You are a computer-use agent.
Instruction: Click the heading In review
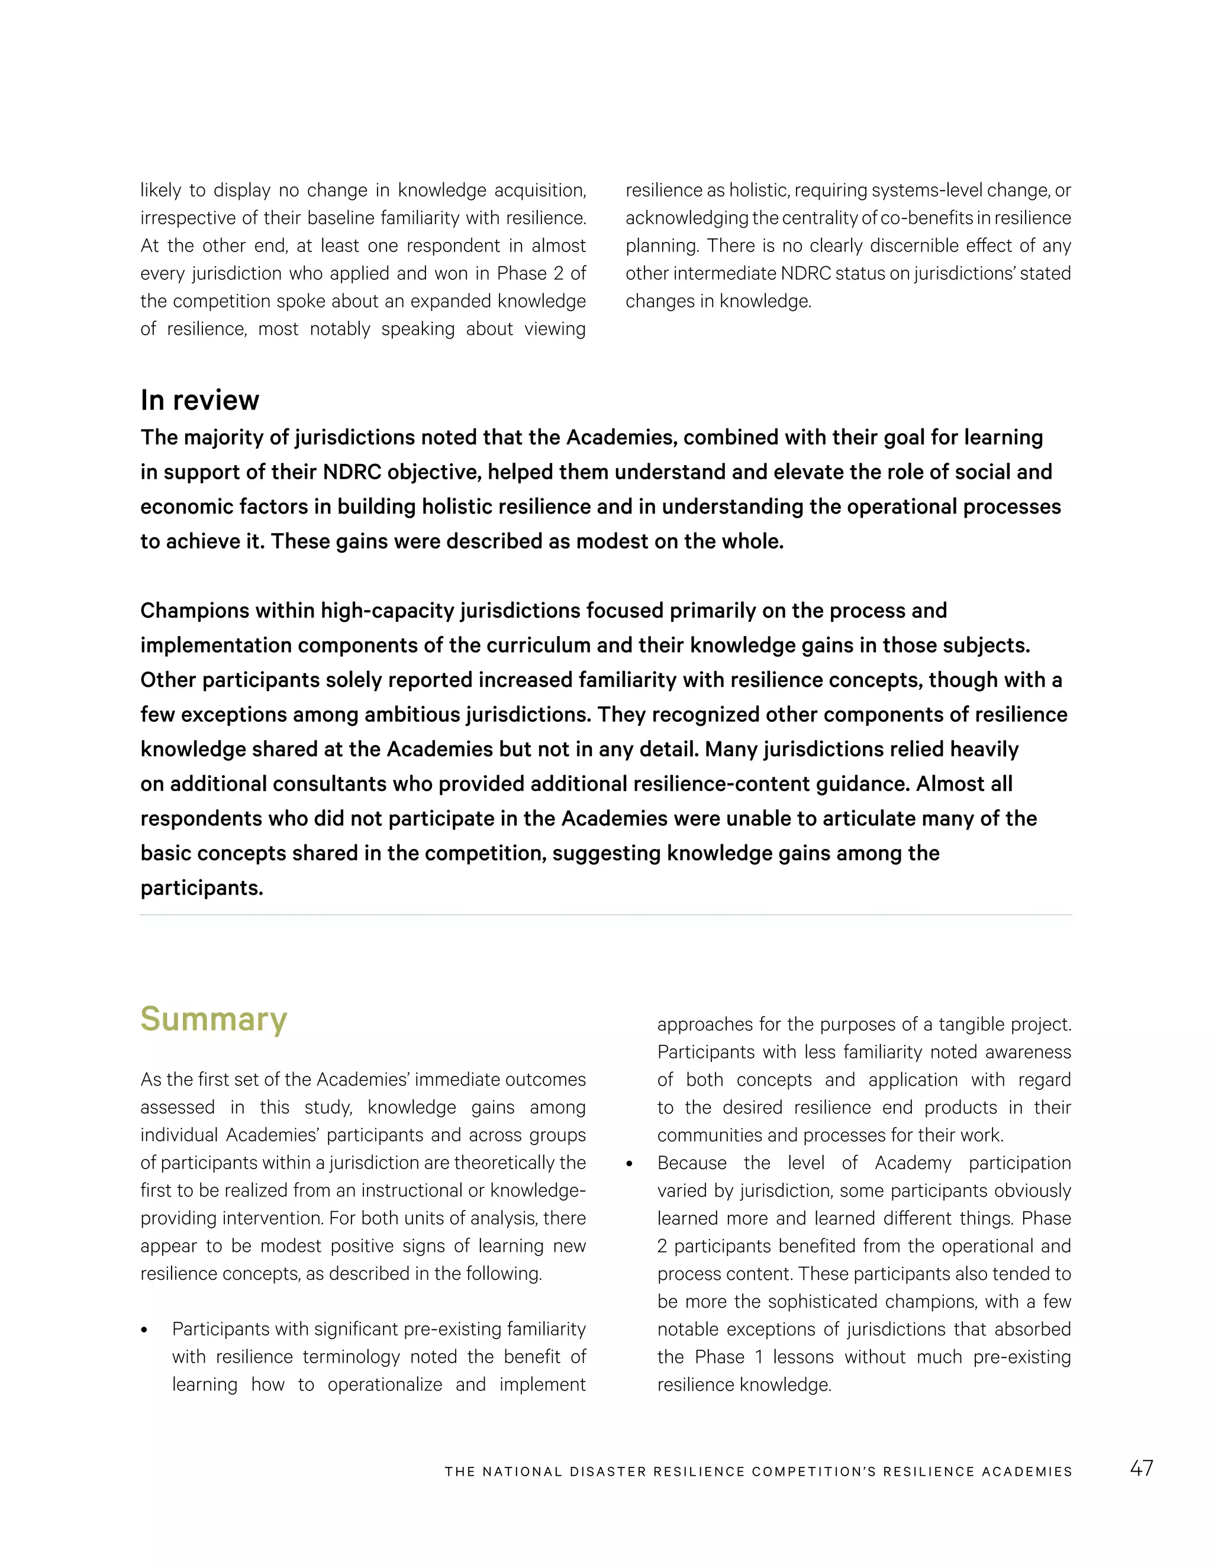(x=199, y=400)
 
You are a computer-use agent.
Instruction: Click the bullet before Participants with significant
(x=144, y=1330)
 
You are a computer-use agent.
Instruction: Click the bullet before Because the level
(x=630, y=1164)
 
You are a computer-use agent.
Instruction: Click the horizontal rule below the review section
(x=606, y=915)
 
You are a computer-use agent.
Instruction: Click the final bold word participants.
(x=202, y=888)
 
